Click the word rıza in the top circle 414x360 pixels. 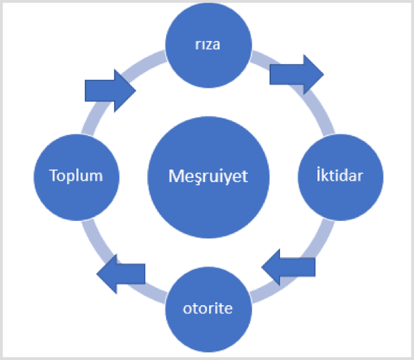point(208,44)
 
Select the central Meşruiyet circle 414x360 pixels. point(208,177)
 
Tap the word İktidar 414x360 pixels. point(340,174)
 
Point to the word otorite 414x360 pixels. point(208,309)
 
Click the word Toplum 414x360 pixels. point(76,175)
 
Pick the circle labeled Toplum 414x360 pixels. point(76,177)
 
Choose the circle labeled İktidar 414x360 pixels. point(340,177)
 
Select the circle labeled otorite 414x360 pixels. point(208,309)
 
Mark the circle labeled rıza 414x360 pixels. point(208,45)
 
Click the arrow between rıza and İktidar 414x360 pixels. point(297,74)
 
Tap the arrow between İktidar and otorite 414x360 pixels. point(288,267)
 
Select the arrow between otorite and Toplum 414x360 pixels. point(121,274)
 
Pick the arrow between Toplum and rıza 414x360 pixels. point(110,90)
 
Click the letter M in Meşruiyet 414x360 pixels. point(175,176)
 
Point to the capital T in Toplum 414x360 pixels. point(53,175)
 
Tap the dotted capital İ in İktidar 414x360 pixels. point(318,174)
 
